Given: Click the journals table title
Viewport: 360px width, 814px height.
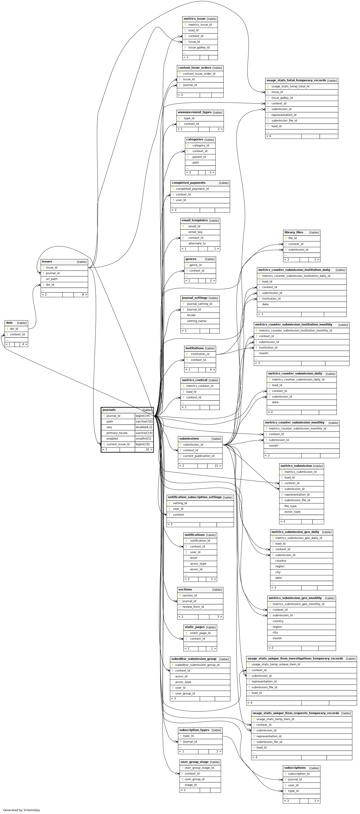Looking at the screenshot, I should [x=109, y=410].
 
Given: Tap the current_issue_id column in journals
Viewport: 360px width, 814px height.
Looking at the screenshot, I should [x=118, y=444].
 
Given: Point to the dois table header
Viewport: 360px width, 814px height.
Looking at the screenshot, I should [x=10, y=323].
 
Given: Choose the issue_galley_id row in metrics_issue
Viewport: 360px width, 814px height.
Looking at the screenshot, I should [x=199, y=47].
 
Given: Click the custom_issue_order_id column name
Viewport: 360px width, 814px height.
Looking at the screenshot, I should [x=199, y=74].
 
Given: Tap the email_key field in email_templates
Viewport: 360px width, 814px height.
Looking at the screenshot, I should [x=195, y=232].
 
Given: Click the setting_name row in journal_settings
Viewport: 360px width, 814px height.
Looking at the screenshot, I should [x=197, y=321].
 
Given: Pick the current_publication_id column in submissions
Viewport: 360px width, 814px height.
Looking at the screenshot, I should [x=199, y=456].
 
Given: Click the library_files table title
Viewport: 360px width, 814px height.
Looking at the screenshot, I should [x=294, y=232].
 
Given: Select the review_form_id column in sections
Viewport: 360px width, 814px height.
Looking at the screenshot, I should [x=193, y=607].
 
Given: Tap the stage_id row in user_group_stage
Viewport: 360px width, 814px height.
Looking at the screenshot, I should [x=191, y=785].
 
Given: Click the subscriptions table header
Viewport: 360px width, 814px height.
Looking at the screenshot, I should [x=295, y=768].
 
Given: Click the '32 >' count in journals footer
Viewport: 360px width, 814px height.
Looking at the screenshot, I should [x=149, y=449].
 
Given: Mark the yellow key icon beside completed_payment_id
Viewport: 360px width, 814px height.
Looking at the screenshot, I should [x=173, y=189].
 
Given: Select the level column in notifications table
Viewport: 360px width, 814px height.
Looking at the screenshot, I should [x=194, y=558].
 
